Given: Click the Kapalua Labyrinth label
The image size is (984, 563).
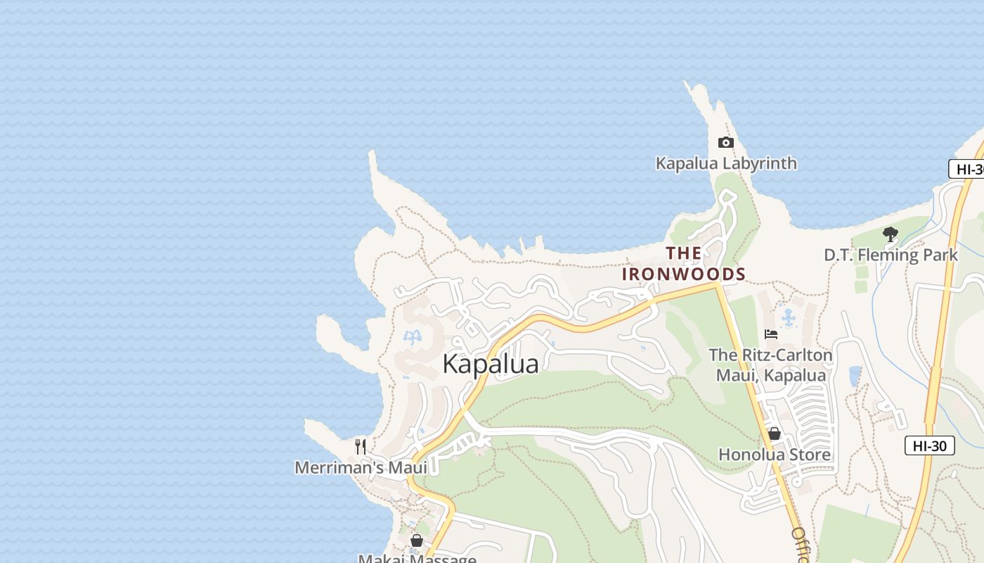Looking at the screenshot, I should point(726,163).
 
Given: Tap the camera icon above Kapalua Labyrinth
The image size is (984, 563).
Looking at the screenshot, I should point(725,143).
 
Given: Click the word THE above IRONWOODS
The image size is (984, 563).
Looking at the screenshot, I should point(683,253).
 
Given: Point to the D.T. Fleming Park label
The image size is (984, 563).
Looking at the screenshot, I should point(891,255).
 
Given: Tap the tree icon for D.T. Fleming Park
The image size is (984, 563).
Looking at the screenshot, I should point(891,234).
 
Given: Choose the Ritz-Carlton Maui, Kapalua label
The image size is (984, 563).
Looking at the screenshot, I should point(770,365).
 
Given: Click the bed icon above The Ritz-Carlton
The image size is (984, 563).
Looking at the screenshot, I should point(771,334).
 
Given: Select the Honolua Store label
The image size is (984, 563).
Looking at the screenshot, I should point(774,455).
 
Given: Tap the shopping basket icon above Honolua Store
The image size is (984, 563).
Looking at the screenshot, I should point(774,434).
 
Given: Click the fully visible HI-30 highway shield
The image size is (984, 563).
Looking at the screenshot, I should point(929,445).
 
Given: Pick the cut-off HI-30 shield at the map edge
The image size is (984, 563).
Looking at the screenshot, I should point(967,169).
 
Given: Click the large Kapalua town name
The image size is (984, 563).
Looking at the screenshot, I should point(490,364).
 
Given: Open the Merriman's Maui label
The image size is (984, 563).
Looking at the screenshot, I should point(361,467).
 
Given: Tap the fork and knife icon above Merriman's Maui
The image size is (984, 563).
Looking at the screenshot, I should point(361,446).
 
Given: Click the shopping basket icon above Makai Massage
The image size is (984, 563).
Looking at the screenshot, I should point(417,540).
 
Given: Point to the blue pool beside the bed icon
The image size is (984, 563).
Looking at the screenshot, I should point(789,319).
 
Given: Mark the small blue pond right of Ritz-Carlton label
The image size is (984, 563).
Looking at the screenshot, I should point(855,376).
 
